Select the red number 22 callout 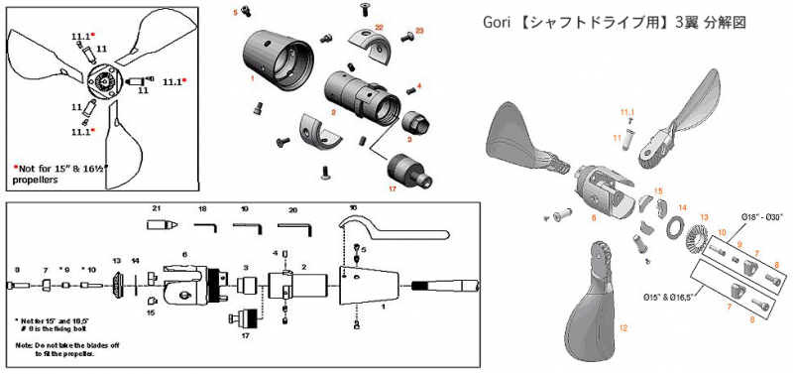coord(380,26)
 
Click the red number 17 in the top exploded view coord(394,187)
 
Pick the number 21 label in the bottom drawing coord(156,209)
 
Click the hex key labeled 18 coord(205,226)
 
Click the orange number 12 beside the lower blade coord(623,325)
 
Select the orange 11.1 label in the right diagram coord(626,113)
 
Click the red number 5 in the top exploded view coord(235,13)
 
